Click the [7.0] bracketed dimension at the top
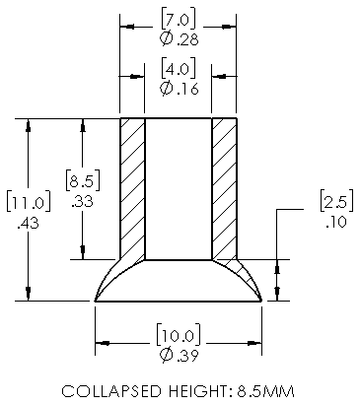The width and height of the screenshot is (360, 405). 179,20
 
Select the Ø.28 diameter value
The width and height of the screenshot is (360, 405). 180,39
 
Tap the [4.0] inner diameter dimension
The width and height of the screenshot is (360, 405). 179,69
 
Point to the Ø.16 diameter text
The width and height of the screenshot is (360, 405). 180,89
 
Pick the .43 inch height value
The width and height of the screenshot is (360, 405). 29,224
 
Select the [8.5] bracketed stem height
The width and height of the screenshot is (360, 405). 83,180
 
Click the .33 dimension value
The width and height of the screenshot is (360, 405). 82,201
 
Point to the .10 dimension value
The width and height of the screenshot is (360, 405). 336,222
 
